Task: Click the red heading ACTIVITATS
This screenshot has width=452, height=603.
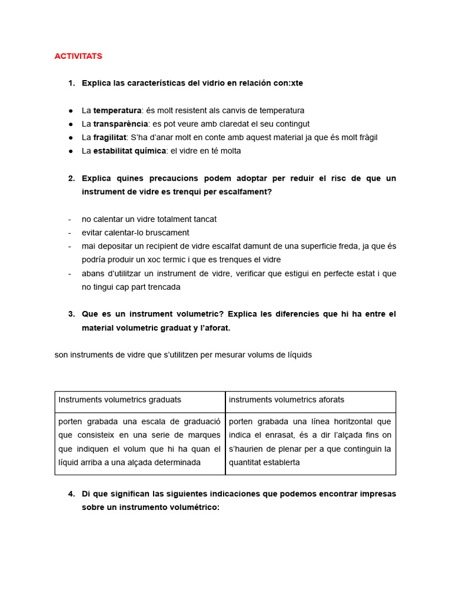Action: [78, 56]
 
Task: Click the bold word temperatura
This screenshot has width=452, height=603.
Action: [117, 110]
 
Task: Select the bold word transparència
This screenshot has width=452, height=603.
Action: [120, 124]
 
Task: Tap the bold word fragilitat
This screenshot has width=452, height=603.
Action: [109, 137]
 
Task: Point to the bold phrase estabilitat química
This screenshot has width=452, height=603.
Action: [129, 151]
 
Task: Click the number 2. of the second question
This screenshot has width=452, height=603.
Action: [71, 178]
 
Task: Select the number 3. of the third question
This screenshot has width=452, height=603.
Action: [71, 314]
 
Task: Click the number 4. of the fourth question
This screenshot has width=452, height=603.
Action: [71, 494]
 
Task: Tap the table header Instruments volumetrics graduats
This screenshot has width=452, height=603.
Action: [120, 400]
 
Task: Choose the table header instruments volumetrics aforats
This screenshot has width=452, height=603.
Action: [287, 400]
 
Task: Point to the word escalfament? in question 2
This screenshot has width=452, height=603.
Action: [244, 192]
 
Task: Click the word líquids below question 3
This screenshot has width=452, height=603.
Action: [297, 355]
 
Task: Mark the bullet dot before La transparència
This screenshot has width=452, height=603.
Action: [71, 124]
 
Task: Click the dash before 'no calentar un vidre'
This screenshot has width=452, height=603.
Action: [69, 219]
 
